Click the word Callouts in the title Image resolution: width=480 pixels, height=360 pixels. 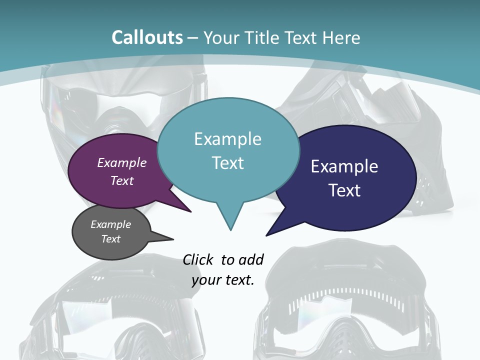tap(147, 37)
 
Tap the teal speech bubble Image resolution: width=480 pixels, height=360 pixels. tap(228, 150)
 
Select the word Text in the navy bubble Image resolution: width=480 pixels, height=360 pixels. tap(345, 190)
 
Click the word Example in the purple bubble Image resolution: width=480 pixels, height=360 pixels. tap(121, 162)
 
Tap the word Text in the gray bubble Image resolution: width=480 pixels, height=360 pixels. tap(110, 239)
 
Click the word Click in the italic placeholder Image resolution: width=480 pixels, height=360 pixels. tap(198, 259)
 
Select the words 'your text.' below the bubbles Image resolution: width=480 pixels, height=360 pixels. tap(223, 280)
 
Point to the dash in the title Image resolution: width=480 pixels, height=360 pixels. tap(193, 37)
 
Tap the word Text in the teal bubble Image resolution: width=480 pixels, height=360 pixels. tap(227, 162)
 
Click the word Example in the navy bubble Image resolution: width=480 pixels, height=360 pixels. tap(344, 166)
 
